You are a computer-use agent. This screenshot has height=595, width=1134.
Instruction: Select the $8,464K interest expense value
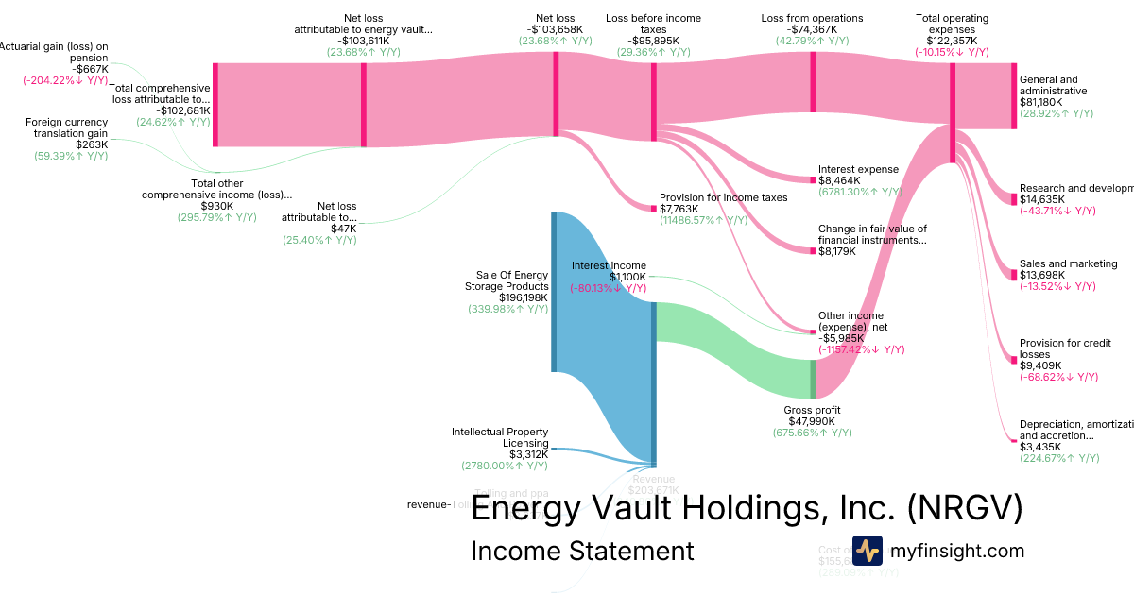[839, 180]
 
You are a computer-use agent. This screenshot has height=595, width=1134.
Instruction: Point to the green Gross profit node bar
[813, 379]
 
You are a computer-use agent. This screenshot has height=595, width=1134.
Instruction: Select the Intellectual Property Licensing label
[500, 437]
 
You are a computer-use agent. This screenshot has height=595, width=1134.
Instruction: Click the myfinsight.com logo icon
[867, 551]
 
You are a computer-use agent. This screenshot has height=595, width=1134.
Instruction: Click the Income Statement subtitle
[582, 551]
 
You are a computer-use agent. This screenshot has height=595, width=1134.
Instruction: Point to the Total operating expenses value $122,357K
[952, 42]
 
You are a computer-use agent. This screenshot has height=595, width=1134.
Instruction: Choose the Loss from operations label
[812, 18]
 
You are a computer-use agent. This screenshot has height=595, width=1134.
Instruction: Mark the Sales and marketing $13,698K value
[1041, 275]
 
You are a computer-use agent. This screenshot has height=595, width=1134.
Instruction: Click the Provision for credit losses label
[1065, 349]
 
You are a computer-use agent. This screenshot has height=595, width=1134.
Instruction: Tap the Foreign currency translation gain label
[66, 127]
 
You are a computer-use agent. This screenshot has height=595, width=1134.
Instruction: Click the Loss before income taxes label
[654, 24]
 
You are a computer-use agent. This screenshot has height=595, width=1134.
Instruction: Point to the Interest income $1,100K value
[627, 277]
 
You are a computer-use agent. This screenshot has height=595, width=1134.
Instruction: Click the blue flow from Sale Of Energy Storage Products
[605, 302]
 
